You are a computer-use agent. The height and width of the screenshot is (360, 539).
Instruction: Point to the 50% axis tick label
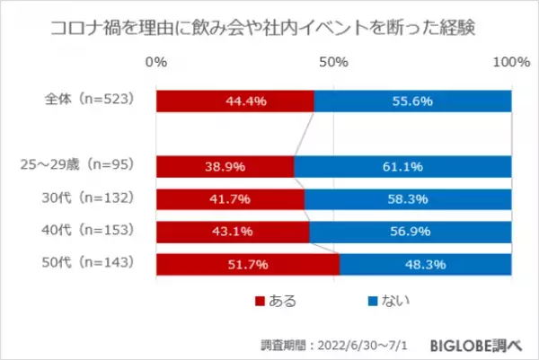pos(333,62)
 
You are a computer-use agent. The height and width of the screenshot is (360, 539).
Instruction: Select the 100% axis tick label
pos(510,62)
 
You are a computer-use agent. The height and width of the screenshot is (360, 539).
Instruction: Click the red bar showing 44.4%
pos(235,101)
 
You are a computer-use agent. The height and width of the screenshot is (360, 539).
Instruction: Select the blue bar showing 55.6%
pos(413,101)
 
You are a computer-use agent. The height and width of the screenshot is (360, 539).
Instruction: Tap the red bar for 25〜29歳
pos(225,166)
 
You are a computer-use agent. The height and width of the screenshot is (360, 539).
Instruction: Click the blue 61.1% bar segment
pos(403,166)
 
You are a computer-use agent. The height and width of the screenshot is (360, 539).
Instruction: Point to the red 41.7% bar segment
pos(231,198)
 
